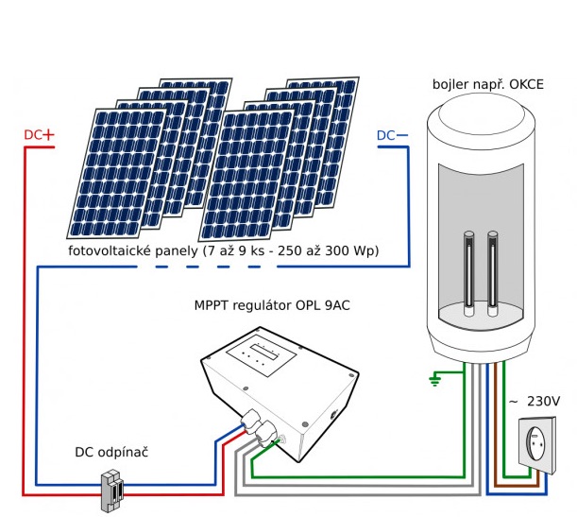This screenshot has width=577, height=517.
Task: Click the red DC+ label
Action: [40, 134]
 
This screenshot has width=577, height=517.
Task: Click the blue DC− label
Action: [393, 135]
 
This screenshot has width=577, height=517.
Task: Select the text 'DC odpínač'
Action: [111, 452]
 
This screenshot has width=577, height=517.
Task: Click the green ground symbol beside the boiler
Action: [434, 380]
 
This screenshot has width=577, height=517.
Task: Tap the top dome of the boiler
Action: [482, 119]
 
